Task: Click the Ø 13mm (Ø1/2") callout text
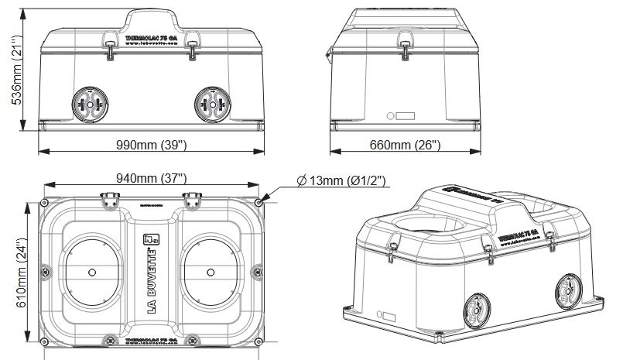(341, 181)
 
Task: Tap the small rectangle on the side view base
(404, 118)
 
